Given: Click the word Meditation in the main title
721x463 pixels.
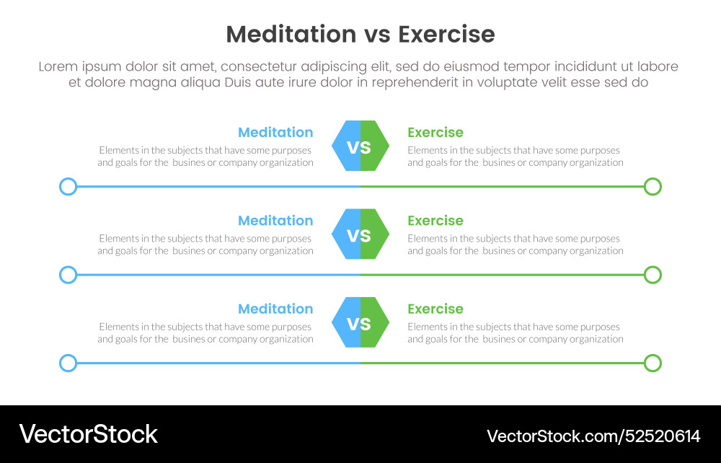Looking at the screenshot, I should click(291, 35).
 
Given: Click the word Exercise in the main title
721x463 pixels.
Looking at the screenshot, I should click(446, 35).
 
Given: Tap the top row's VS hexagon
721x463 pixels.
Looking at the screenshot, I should click(360, 146).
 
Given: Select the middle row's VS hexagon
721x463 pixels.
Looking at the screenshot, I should click(360, 234).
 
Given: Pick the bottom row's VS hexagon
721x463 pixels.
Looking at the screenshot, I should click(360, 322).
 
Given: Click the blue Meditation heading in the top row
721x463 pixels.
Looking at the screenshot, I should click(275, 133).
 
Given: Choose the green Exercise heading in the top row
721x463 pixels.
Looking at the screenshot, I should click(435, 133).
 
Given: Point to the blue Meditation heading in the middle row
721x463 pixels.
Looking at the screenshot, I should click(275, 221).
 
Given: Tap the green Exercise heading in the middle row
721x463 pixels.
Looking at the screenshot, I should click(435, 221).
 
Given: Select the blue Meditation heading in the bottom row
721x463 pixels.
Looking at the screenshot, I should click(275, 309).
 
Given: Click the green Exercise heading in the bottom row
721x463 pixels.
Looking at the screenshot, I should click(435, 309).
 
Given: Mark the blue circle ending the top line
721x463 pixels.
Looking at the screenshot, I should click(68, 187).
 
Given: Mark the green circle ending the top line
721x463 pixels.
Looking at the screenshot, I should click(653, 187).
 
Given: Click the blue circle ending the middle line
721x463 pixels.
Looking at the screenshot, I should click(68, 275).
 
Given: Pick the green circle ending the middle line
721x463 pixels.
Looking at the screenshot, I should click(653, 275).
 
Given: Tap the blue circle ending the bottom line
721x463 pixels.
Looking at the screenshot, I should click(68, 363).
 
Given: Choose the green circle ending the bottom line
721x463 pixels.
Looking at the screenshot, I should click(653, 363).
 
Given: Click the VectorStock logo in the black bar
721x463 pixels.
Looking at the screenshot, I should click(88, 434).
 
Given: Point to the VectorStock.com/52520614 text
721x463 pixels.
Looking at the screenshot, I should click(593, 436).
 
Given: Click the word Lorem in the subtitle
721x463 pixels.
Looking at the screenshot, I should click(57, 66).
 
